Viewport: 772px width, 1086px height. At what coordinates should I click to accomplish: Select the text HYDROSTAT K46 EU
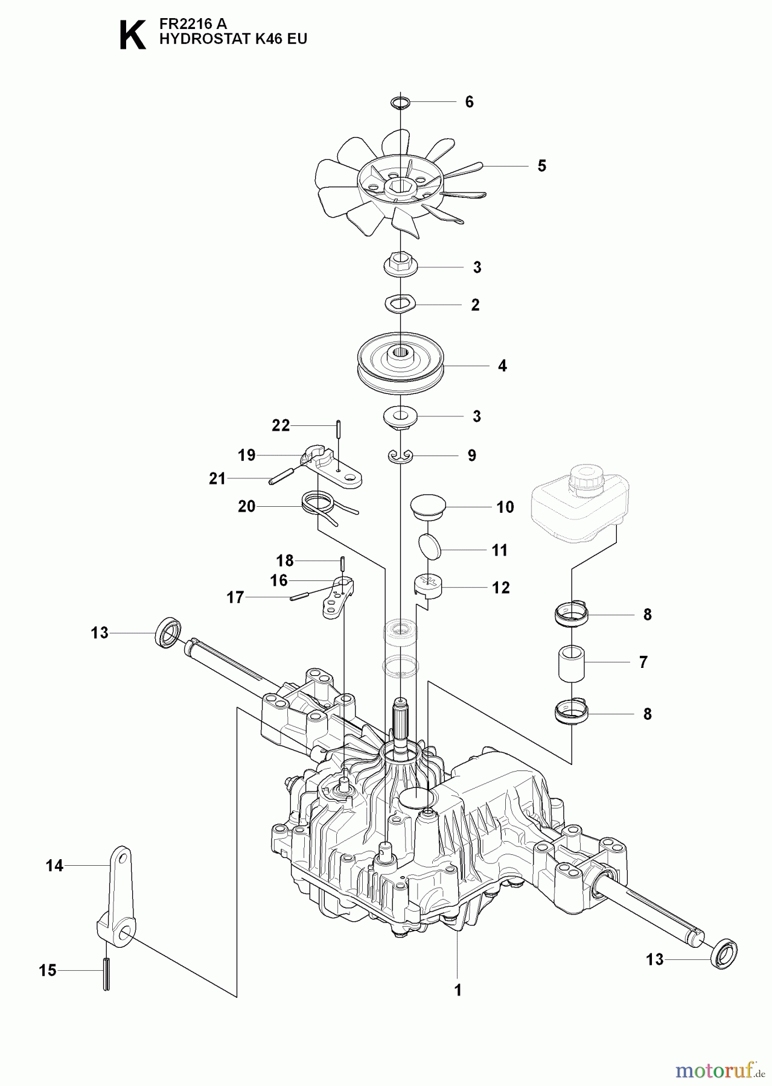point(232,40)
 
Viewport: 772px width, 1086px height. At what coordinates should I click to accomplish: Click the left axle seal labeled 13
point(168,632)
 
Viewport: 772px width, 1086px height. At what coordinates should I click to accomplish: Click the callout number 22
point(281,425)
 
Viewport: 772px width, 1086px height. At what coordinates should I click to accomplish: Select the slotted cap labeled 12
point(429,585)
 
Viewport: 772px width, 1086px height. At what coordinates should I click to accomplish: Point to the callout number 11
point(499,550)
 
